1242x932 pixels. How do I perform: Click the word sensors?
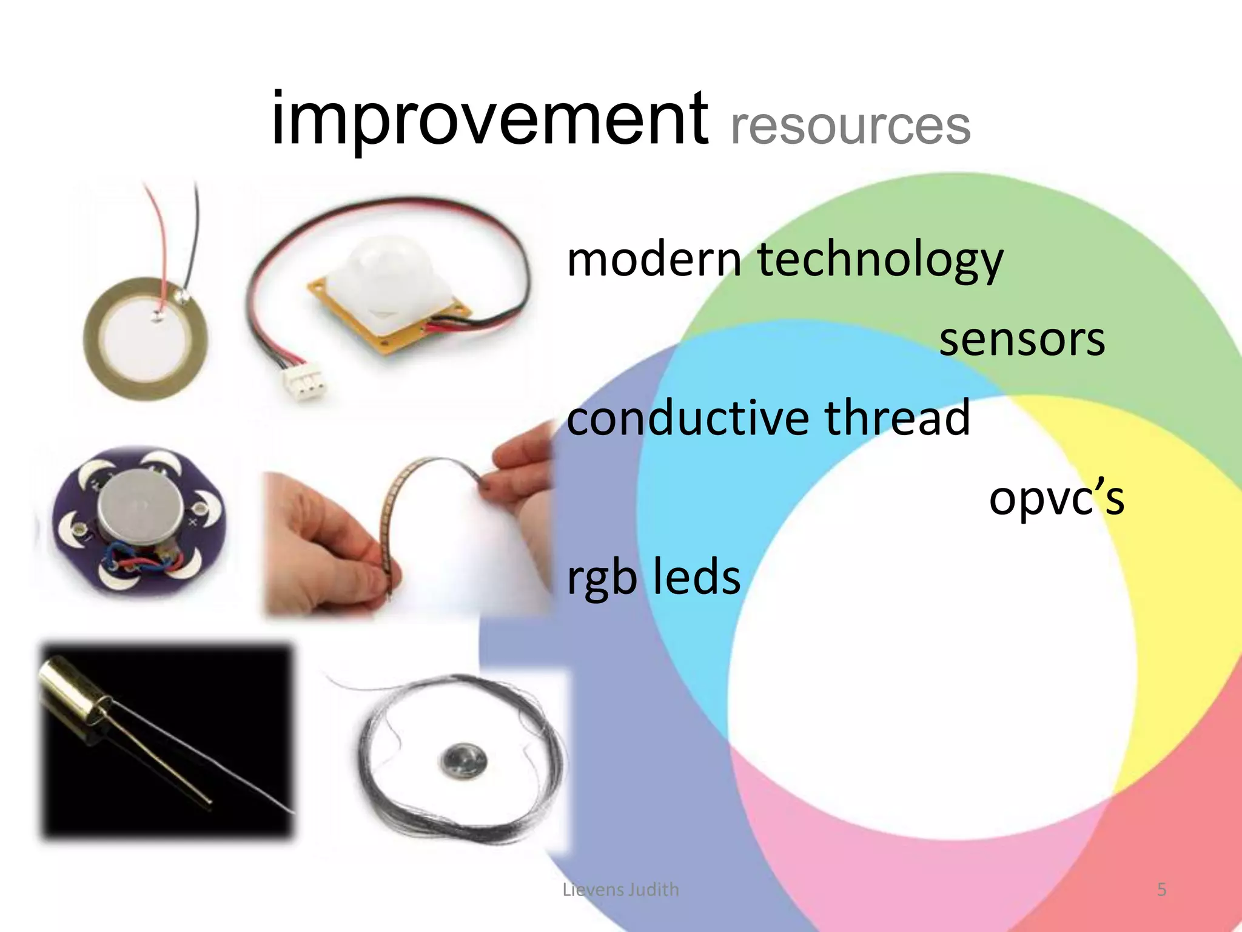pos(1022,340)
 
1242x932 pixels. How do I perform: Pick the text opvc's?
pos(1056,499)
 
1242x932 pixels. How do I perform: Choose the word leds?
pos(697,577)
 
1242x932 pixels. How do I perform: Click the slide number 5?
pos(1161,890)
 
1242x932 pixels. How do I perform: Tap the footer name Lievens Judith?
pos(620,890)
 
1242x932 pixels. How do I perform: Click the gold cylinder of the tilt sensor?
pos(73,692)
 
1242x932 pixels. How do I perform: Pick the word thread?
pos(897,419)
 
